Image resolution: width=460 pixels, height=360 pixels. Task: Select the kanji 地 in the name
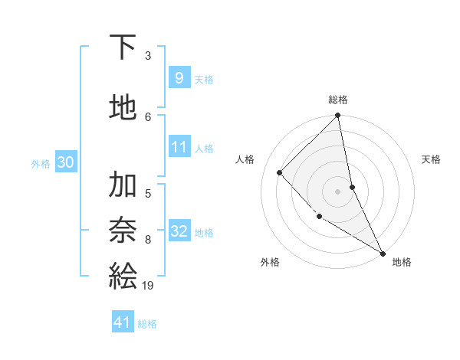[123, 107]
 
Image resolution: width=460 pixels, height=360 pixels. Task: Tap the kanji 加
[123, 185]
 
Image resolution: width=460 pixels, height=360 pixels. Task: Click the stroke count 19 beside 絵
[148, 285]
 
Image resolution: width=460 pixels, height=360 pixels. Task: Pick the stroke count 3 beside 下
[148, 56]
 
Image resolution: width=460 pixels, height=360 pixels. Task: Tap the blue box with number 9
[179, 78]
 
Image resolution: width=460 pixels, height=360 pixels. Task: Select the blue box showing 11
[179, 147]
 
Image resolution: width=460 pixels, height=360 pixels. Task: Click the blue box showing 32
[179, 231]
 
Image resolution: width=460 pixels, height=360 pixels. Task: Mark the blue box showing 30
[65, 162]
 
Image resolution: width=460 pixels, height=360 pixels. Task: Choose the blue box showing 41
[123, 323]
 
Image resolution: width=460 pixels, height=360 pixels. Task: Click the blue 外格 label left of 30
[41, 163]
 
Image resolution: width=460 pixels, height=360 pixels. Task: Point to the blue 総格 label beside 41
[147, 324]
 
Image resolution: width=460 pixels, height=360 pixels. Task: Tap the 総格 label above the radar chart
[338, 100]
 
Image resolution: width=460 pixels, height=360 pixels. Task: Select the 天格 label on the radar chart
[432, 159]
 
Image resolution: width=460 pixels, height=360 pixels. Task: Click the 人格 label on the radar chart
[245, 159]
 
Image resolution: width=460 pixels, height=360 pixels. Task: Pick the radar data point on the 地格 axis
[382, 252]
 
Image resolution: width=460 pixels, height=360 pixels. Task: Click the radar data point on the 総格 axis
[338, 116]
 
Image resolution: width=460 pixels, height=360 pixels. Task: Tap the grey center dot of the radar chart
[338, 191]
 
